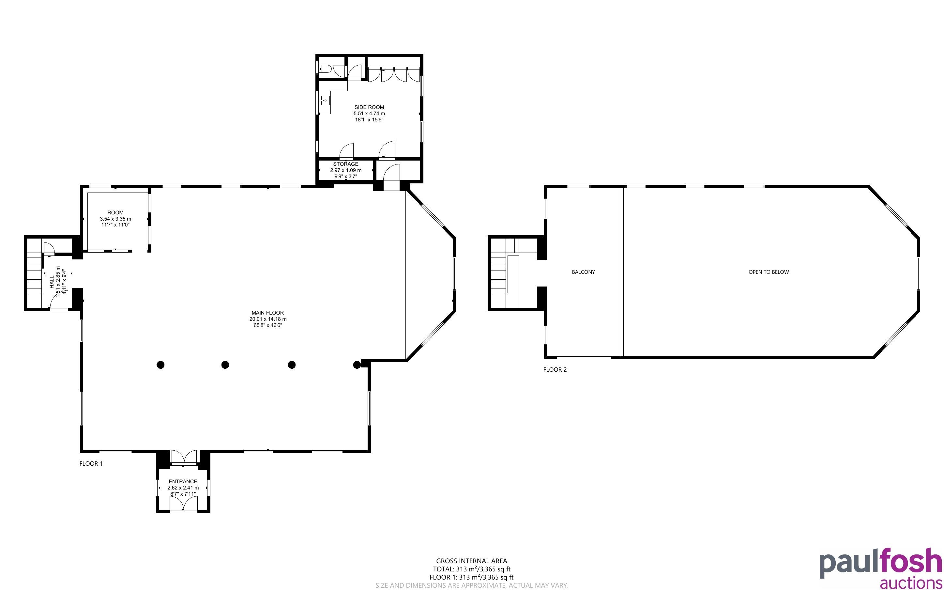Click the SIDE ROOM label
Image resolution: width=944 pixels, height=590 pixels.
(369, 107)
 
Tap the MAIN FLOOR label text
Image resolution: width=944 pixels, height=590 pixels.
(267, 313)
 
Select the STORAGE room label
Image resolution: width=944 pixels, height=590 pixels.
(345, 164)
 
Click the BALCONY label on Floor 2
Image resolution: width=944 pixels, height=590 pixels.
(583, 272)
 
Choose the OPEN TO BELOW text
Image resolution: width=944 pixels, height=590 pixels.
(769, 272)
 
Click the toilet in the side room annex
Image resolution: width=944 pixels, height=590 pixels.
(325, 70)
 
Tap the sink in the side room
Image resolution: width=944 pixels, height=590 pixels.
(325, 101)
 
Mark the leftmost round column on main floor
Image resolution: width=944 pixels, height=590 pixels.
(160, 365)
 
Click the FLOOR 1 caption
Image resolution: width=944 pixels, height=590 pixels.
(91, 464)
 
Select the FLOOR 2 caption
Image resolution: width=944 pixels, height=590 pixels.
(555, 369)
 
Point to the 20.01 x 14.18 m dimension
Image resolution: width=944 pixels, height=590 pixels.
(268, 319)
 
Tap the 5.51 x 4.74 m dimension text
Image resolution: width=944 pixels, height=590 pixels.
(369, 114)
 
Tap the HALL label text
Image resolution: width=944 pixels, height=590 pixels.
(52, 282)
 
